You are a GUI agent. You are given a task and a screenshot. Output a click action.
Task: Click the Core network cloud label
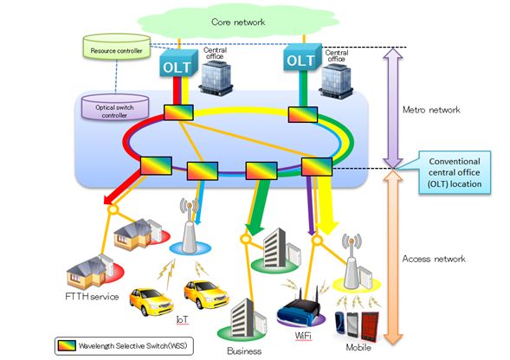238,22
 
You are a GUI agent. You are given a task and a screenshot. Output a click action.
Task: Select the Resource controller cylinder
117,47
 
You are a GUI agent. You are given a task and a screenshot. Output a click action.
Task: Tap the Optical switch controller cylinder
115,107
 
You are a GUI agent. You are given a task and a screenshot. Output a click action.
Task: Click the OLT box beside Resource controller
178,63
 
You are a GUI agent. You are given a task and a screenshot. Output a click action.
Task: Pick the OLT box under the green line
302,58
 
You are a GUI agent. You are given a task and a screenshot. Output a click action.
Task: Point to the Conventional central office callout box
454,173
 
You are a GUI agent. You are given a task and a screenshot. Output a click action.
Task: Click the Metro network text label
431,110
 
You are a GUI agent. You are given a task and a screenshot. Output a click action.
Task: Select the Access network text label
434,259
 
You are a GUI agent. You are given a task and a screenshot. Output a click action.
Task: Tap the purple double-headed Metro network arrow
393,107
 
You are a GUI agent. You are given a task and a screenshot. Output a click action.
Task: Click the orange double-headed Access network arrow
393,257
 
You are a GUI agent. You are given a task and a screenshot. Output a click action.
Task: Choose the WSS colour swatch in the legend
67,345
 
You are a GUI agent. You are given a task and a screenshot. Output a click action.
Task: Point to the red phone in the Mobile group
370,326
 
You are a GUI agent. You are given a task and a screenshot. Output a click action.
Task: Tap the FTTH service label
92,297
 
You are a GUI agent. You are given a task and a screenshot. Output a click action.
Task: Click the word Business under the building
244,351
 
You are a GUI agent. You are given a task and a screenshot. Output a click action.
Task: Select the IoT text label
182,319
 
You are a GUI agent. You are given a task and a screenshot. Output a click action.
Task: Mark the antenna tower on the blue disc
190,227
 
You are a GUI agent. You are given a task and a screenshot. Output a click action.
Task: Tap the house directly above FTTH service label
90,273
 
